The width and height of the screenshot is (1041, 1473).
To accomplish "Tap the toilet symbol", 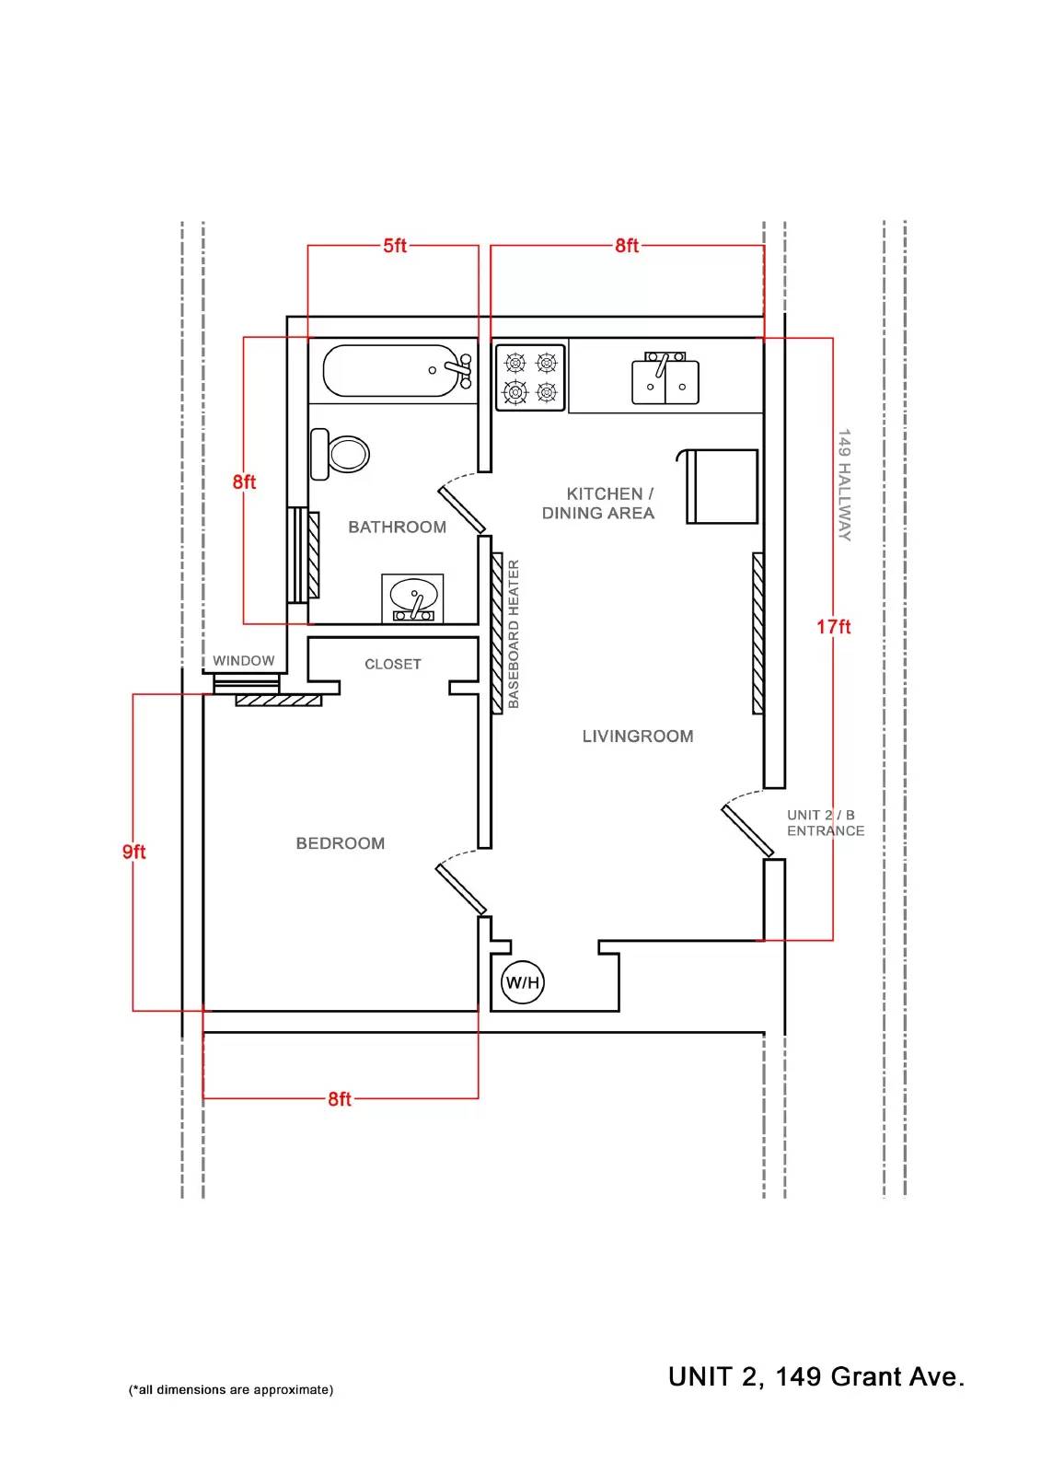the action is tap(340, 454).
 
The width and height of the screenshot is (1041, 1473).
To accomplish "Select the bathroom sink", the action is tap(412, 597).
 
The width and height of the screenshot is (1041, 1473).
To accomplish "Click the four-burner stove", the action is tap(530, 378).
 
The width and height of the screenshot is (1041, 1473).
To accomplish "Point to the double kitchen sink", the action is tap(665, 378).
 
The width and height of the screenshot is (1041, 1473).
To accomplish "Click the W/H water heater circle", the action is tap(523, 982).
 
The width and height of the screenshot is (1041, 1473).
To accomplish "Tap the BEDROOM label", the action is tap(340, 843).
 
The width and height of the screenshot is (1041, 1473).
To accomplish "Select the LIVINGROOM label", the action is tap(637, 736).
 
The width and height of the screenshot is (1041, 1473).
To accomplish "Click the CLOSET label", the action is tap(393, 664).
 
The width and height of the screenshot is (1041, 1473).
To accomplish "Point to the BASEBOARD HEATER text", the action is tap(514, 634).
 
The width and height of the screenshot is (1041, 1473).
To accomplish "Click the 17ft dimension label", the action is tap(833, 627).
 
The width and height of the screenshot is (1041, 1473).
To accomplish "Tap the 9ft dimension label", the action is tap(133, 852).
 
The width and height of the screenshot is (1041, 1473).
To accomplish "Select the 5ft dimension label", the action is tap(395, 245).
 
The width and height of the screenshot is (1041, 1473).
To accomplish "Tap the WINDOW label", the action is tap(243, 661).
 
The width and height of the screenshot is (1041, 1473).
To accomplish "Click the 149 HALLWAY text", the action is tap(844, 485).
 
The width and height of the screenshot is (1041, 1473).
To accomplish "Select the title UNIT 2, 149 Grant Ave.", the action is tap(816, 1376).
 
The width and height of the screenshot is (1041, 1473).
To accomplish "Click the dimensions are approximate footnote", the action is tap(231, 1389).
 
